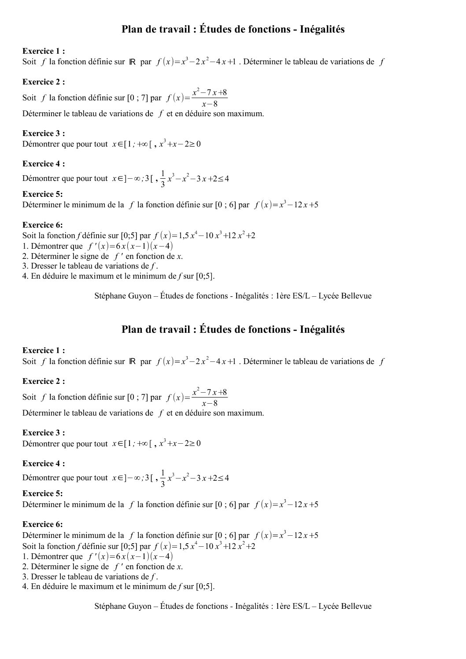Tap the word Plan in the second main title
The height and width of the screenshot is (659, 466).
132,329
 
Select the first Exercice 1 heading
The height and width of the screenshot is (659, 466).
44,51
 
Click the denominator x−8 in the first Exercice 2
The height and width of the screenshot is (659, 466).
210,104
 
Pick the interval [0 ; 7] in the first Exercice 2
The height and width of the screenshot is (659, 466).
137,98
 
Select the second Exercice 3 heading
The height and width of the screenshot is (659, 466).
44,433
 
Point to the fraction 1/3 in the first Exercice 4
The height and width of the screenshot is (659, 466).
163,179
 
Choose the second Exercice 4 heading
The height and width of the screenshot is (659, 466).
44,464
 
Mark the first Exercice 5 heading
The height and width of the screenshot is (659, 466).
43,194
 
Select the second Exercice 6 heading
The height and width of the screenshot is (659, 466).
43,524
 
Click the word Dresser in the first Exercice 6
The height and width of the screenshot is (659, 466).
44,266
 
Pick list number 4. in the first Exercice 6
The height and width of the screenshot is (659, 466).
25,276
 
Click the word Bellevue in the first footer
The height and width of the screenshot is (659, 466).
356,296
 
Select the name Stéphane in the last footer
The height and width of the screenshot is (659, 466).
109,606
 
